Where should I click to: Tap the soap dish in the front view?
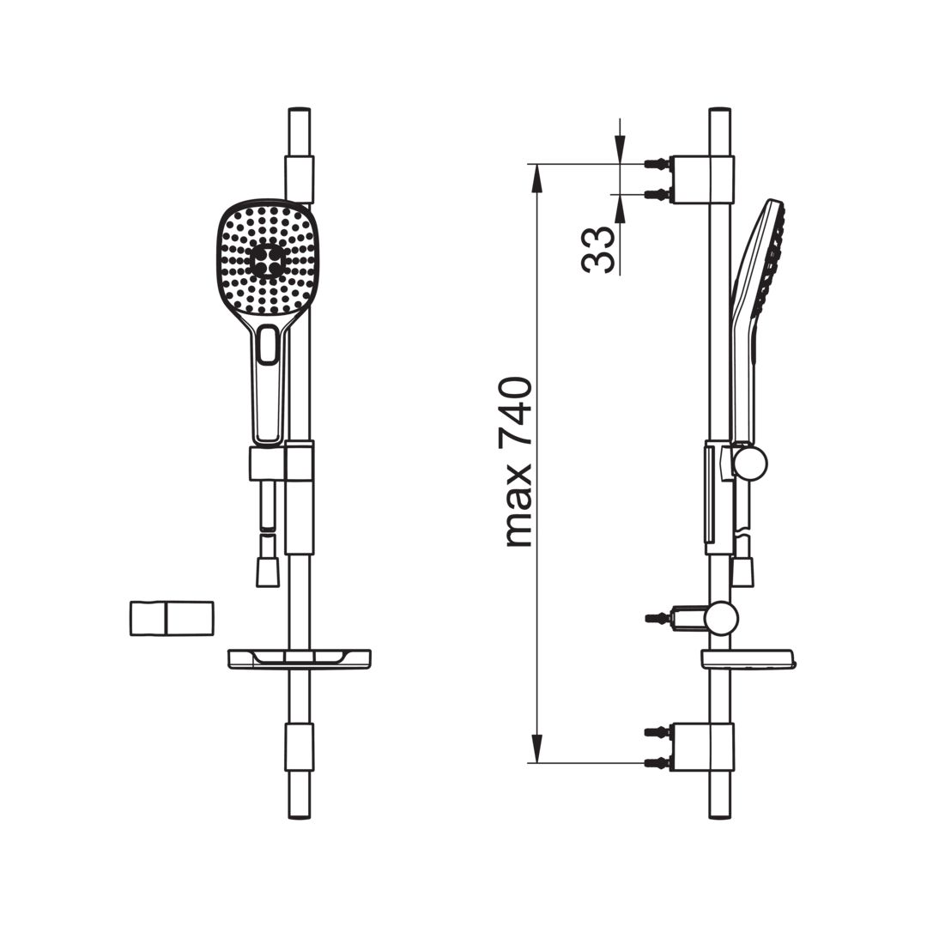[300, 659]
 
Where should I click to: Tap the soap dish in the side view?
[748, 660]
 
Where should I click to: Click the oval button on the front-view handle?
[269, 344]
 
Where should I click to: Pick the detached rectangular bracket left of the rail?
[172, 618]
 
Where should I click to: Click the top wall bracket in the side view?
[700, 179]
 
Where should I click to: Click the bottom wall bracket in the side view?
[700, 747]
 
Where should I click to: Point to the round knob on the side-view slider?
[749, 462]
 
